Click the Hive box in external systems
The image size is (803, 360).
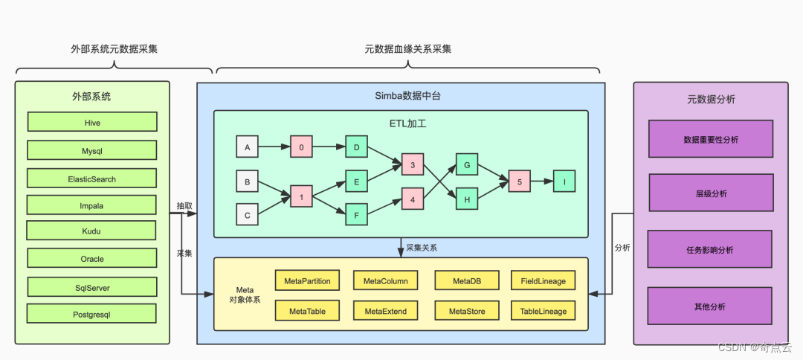click(92, 122)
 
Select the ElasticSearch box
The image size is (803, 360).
click(92, 179)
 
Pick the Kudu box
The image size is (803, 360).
click(91, 231)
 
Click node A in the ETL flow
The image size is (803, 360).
click(247, 147)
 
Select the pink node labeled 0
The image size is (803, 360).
click(301, 147)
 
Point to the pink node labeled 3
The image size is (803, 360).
click(412, 164)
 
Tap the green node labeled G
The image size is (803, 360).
click(467, 164)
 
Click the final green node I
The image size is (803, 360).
click(564, 181)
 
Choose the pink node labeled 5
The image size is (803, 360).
click(520, 181)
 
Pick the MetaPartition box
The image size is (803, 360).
click(308, 280)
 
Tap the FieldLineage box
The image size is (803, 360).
click(543, 280)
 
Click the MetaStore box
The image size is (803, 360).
click(467, 311)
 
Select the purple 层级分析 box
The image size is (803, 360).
click(710, 193)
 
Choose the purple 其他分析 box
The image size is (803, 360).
click(710, 306)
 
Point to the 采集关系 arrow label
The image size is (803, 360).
click(421, 247)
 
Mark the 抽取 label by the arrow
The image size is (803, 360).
click(184, 205)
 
